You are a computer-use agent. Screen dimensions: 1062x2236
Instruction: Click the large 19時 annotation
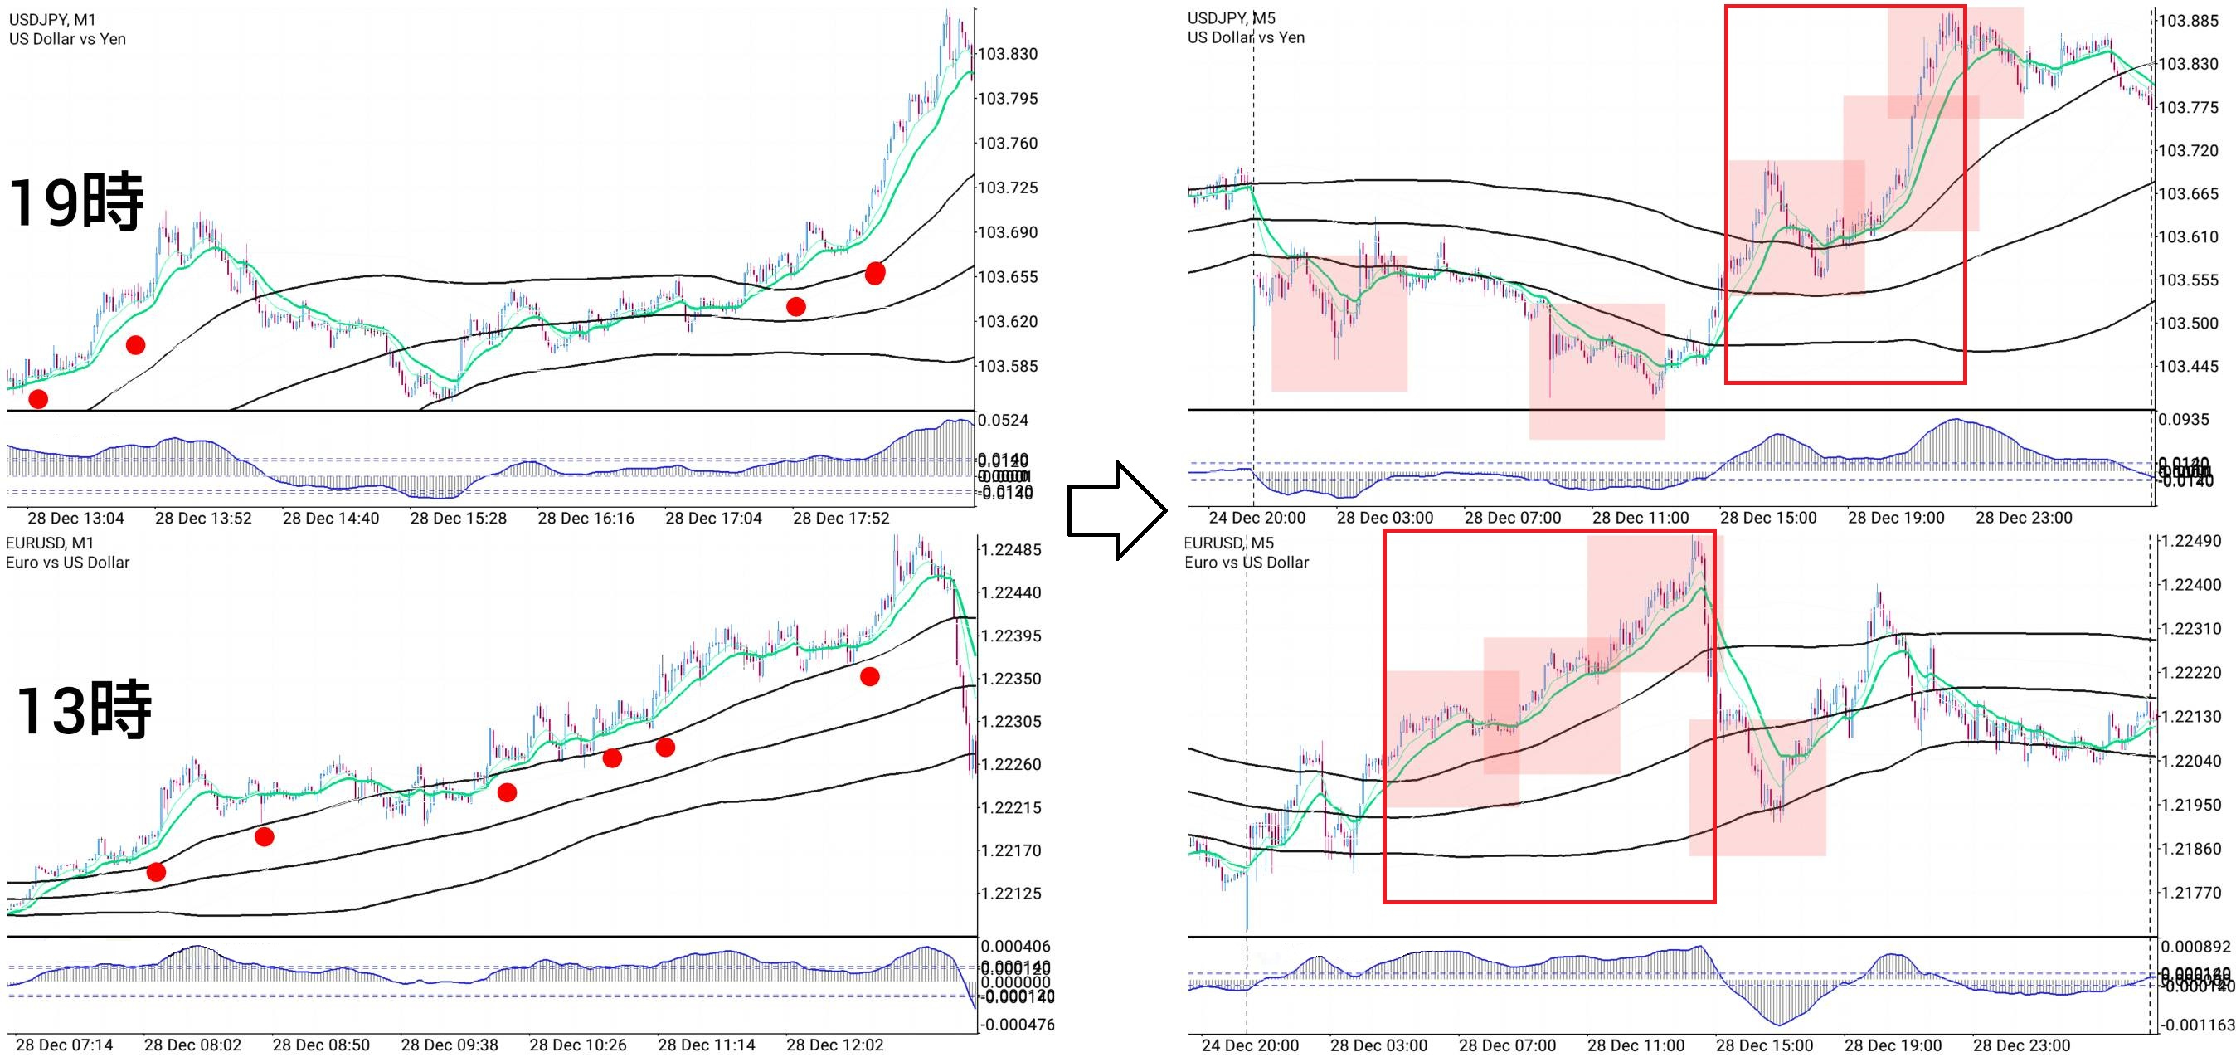point(76,202)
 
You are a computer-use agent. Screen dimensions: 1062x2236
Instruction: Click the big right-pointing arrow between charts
point(1116,510)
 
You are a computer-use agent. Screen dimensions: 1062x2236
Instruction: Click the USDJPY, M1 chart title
point(52,19)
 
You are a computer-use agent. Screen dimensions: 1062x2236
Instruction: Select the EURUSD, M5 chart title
point(1229,543)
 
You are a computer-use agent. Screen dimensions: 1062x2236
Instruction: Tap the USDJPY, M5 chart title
point(1231,17)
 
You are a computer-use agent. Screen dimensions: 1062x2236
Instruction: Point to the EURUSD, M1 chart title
point(50,543)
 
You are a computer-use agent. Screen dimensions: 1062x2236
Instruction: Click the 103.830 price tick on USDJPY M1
point(1008,54)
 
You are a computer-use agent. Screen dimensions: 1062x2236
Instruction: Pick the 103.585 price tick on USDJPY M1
point(1008,366)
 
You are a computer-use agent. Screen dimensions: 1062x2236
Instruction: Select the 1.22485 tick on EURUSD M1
point(1010,550)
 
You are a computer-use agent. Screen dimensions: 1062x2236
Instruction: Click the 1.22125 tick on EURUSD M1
point(1010,893)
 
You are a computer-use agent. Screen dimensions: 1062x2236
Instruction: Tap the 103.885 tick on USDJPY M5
point(2187,21)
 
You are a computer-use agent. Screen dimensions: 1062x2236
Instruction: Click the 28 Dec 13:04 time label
point(75,519)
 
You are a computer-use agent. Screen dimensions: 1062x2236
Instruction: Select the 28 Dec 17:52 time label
point(840,519)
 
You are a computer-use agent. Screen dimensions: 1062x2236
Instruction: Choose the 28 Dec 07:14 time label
point(64,1045)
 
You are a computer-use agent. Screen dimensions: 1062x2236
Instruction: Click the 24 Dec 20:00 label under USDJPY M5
point(1256,518)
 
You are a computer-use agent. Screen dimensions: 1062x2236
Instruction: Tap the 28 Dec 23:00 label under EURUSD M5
point(2020,1045)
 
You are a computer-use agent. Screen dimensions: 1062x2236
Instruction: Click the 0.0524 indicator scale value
point(1003,421)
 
